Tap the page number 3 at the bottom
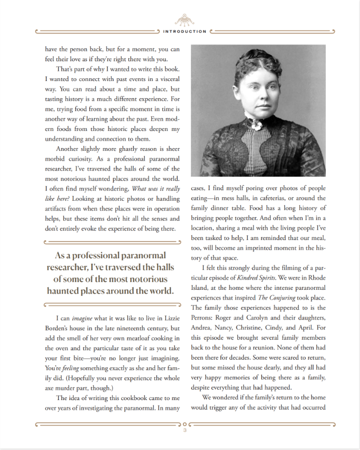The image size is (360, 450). click(185, 430)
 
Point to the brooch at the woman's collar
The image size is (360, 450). click(257, 125)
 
